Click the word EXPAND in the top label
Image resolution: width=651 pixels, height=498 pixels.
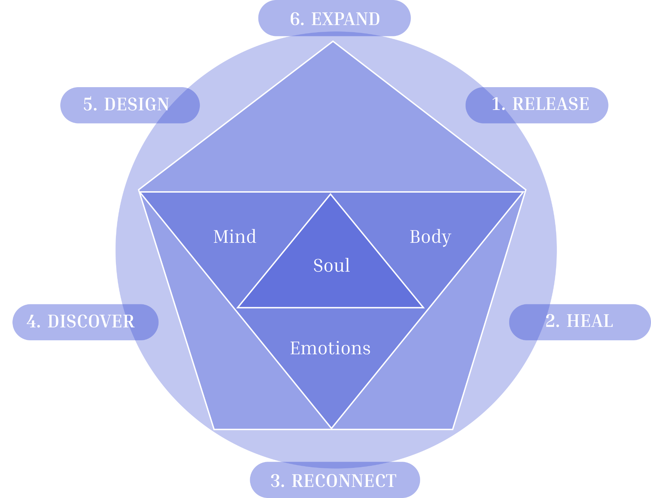(346, 19)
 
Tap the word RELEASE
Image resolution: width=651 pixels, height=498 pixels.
(550, 104)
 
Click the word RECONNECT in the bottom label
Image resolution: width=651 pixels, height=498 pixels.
(344, 481)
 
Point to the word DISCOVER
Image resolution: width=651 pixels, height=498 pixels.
(91, 322)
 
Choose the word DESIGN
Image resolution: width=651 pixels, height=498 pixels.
(136, 104)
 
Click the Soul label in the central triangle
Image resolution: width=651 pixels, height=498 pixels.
(331, 266)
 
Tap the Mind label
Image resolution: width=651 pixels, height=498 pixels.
(235, 237)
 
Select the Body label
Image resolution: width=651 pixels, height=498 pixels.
(430, 237)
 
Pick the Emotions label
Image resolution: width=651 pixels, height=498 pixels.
(330, 348)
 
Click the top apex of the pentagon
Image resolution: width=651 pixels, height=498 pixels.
(333, 41)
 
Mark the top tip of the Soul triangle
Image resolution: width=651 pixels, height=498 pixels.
(330, 194)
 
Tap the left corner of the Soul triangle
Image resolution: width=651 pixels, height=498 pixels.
(237, 307)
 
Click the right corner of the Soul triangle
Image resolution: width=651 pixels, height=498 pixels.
(423, 307)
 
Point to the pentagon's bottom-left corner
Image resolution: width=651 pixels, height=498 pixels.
(214, 429)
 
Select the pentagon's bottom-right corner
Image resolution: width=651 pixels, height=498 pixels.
(453, 429)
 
